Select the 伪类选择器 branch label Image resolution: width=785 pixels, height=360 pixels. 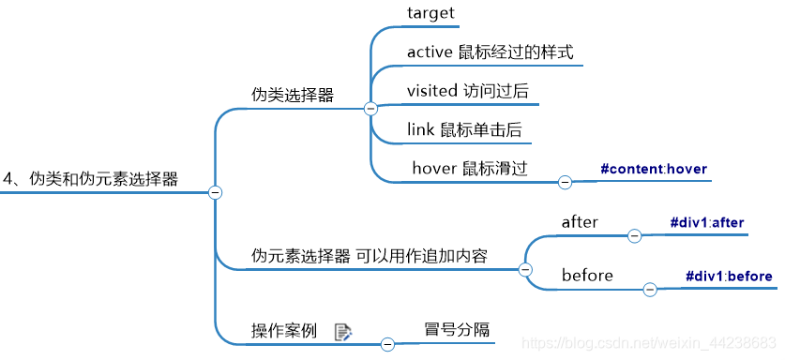click(x=293, y=95)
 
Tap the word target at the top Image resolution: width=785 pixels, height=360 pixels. click(x=430, y=14)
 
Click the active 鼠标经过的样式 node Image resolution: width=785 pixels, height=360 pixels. click(x=490, y=52)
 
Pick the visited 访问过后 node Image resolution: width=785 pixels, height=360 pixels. click(x=472, y=91)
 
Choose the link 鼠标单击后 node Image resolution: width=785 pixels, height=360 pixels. click(x=464, y=129)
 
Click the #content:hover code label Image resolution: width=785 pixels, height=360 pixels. click(x=653, y=170)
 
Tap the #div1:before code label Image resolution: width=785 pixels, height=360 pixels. click(x=729, y=276)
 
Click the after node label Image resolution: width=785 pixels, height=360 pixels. click(x=580, y=222)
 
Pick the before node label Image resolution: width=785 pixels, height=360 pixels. click(x=587, y=276)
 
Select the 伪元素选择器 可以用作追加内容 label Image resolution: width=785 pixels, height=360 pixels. click(x=369, y=255)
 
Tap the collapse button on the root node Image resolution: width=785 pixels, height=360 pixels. click(x=214, y=192)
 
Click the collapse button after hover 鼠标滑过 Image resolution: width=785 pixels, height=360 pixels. click(x=565, y=183)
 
